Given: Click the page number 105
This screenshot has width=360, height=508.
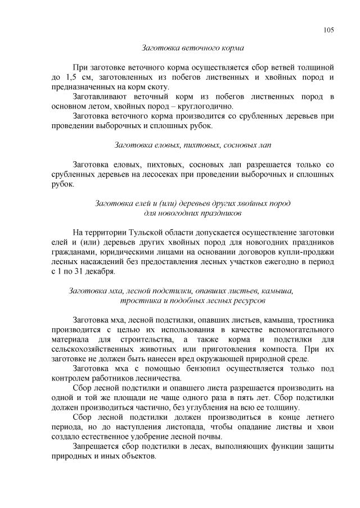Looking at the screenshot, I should coord(329,30).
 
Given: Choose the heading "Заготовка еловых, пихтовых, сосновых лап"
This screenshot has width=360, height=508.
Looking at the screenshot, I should coord(192,146).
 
